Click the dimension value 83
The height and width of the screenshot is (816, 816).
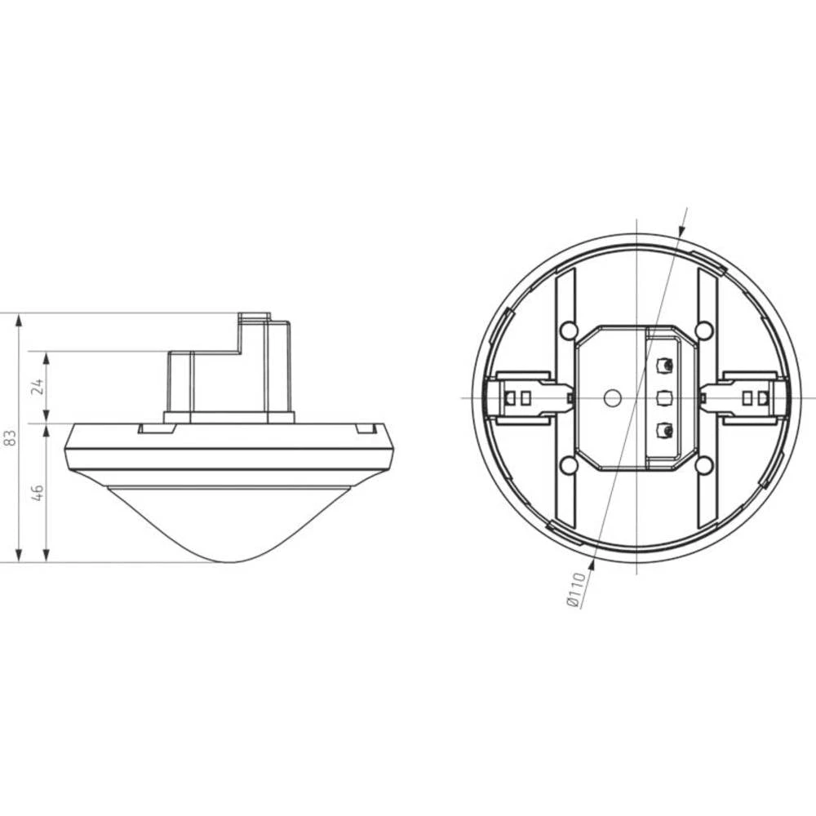click(10, 438)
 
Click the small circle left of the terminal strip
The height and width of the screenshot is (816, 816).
click(610, 397)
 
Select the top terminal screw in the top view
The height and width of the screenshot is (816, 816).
click(665, 365)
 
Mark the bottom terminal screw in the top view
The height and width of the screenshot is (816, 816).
click(665, 430)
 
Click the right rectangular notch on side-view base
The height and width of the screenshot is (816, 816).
click(364, 428)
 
